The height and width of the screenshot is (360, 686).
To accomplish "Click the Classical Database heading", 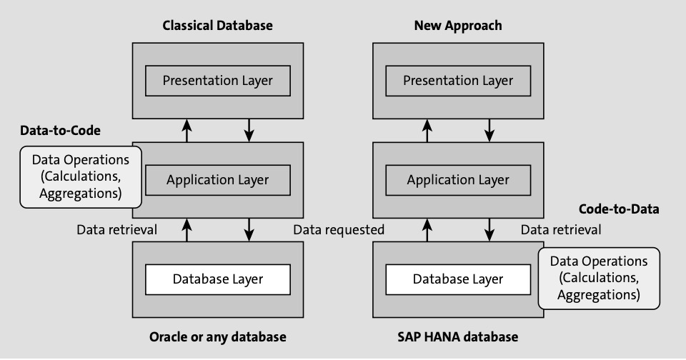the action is pos(217,26).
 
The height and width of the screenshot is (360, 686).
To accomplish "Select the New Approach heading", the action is pos(458,26).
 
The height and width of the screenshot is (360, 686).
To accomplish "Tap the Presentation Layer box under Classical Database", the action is pos(218,81).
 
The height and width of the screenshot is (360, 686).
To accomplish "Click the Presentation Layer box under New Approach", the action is pos(458,81).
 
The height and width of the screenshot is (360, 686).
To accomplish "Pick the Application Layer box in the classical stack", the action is pos(218,180).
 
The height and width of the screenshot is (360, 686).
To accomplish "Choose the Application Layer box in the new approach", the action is pos(458,180).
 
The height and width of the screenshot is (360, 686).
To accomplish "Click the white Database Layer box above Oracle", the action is pos(218,279).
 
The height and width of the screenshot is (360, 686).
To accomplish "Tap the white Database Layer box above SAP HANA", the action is pos(458,279).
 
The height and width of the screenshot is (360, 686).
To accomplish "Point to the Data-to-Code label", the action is pos(60,130).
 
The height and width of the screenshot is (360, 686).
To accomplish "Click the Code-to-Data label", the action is pos(619,209).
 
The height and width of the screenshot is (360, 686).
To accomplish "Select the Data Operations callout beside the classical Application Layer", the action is pos(81,176).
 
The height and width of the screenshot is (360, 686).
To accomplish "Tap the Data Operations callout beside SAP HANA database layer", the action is pos(599,278).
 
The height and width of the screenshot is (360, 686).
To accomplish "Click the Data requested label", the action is pos(339,230).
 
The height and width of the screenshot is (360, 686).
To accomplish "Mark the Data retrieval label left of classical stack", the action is pos(116,230).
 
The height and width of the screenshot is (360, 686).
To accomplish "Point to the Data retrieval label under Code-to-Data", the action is pos(561,230).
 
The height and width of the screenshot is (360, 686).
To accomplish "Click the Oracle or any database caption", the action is pos(218,337).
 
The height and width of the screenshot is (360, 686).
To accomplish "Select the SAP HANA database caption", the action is pos(457,337).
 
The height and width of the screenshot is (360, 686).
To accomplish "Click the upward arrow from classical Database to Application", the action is pos(187,230).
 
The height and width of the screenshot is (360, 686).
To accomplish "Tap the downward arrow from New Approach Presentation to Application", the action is pos(489,130).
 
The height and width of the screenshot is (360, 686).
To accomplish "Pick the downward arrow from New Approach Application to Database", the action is pos(489,230).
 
